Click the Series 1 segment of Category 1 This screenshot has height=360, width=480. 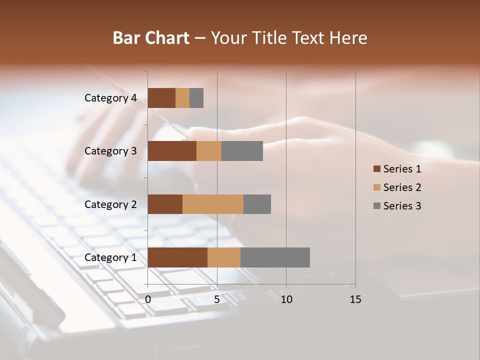(177, 257)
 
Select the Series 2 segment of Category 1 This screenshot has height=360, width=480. (224, 257)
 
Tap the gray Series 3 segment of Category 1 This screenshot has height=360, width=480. (275, 257)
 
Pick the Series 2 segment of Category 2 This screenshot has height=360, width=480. (213, 204)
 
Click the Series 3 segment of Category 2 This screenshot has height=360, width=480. (257, 204)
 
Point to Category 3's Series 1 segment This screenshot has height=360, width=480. (172, 151)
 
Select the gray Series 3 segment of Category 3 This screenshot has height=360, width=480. (242, 151)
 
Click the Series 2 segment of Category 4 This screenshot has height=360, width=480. (182, 98)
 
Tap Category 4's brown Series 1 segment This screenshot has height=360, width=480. (161, 98)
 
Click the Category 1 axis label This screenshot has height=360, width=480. (110, 257)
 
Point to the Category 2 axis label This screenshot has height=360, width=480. (110, 204)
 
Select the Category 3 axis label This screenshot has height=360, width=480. (110, 151)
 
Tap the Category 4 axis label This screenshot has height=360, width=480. (110, 98)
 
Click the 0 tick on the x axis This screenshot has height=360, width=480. (148, 299)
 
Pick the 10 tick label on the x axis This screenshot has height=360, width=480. (286, 299)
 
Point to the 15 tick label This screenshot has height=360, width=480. (355, 299)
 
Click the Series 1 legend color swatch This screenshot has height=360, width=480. (376, 169)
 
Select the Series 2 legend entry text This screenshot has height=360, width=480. (402, 187)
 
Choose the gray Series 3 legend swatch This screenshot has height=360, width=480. (376, 206)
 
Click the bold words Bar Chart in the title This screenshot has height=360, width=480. (151, 38)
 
